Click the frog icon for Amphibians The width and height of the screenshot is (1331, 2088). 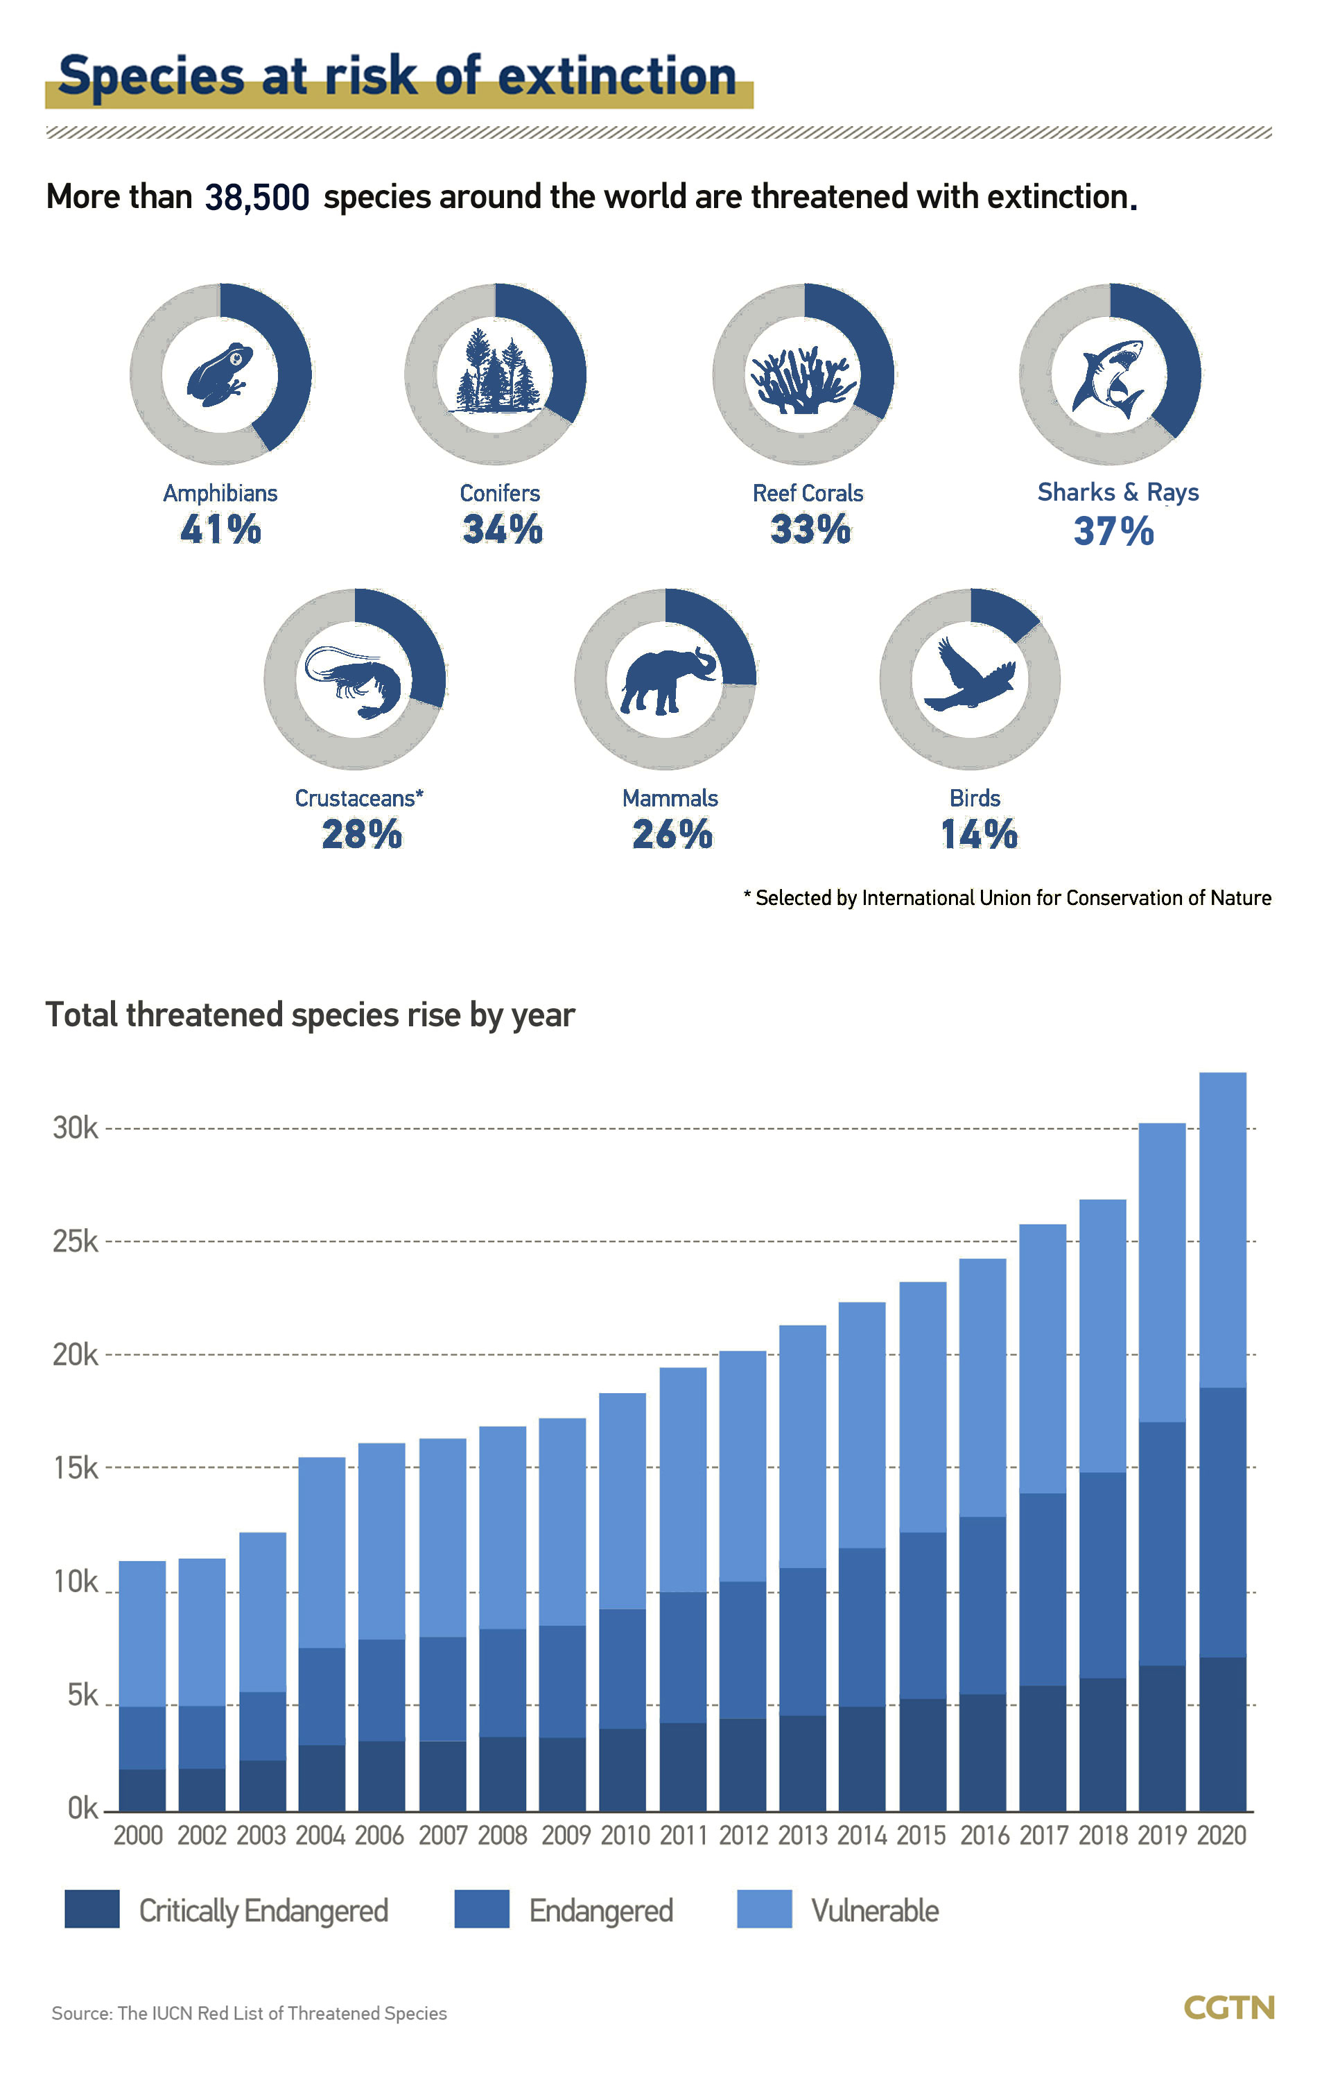pyautogui.click(x=219, y=374)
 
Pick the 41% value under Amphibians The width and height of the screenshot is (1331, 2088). pyautogui.click(x=221, y=529)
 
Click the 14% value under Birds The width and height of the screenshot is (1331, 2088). pyautogui.click(x=979, y=834)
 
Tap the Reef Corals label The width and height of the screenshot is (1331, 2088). pyautogui.click(x=808, y=493)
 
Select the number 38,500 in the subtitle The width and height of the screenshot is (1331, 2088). pyautogui.click(x=256, y=198)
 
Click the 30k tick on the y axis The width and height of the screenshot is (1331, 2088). pyautogui.click(x=76, y=1128)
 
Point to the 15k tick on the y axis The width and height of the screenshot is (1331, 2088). pyautogui.click(x=76, y=1468)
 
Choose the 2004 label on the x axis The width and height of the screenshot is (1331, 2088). pyautogui.click(x=320, y=1836)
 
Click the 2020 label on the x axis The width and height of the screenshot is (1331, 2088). pyautogui.click(x=1221, y=1836)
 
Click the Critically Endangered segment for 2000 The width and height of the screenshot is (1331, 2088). pyautogui.click(x=142, y=1791)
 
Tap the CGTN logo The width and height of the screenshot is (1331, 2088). pyautogui.click(x=1228, y=2008)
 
